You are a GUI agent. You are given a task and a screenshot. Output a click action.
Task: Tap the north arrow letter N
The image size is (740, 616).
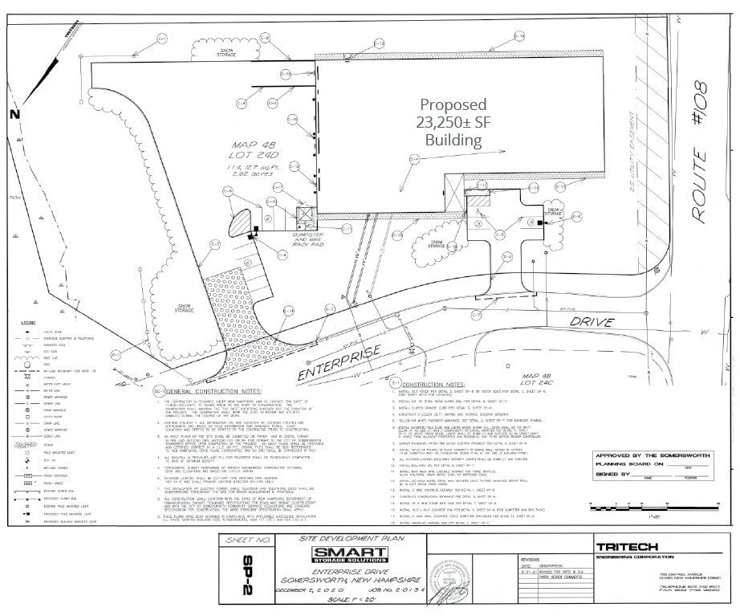pyautogui.click(x=13, y=114)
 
